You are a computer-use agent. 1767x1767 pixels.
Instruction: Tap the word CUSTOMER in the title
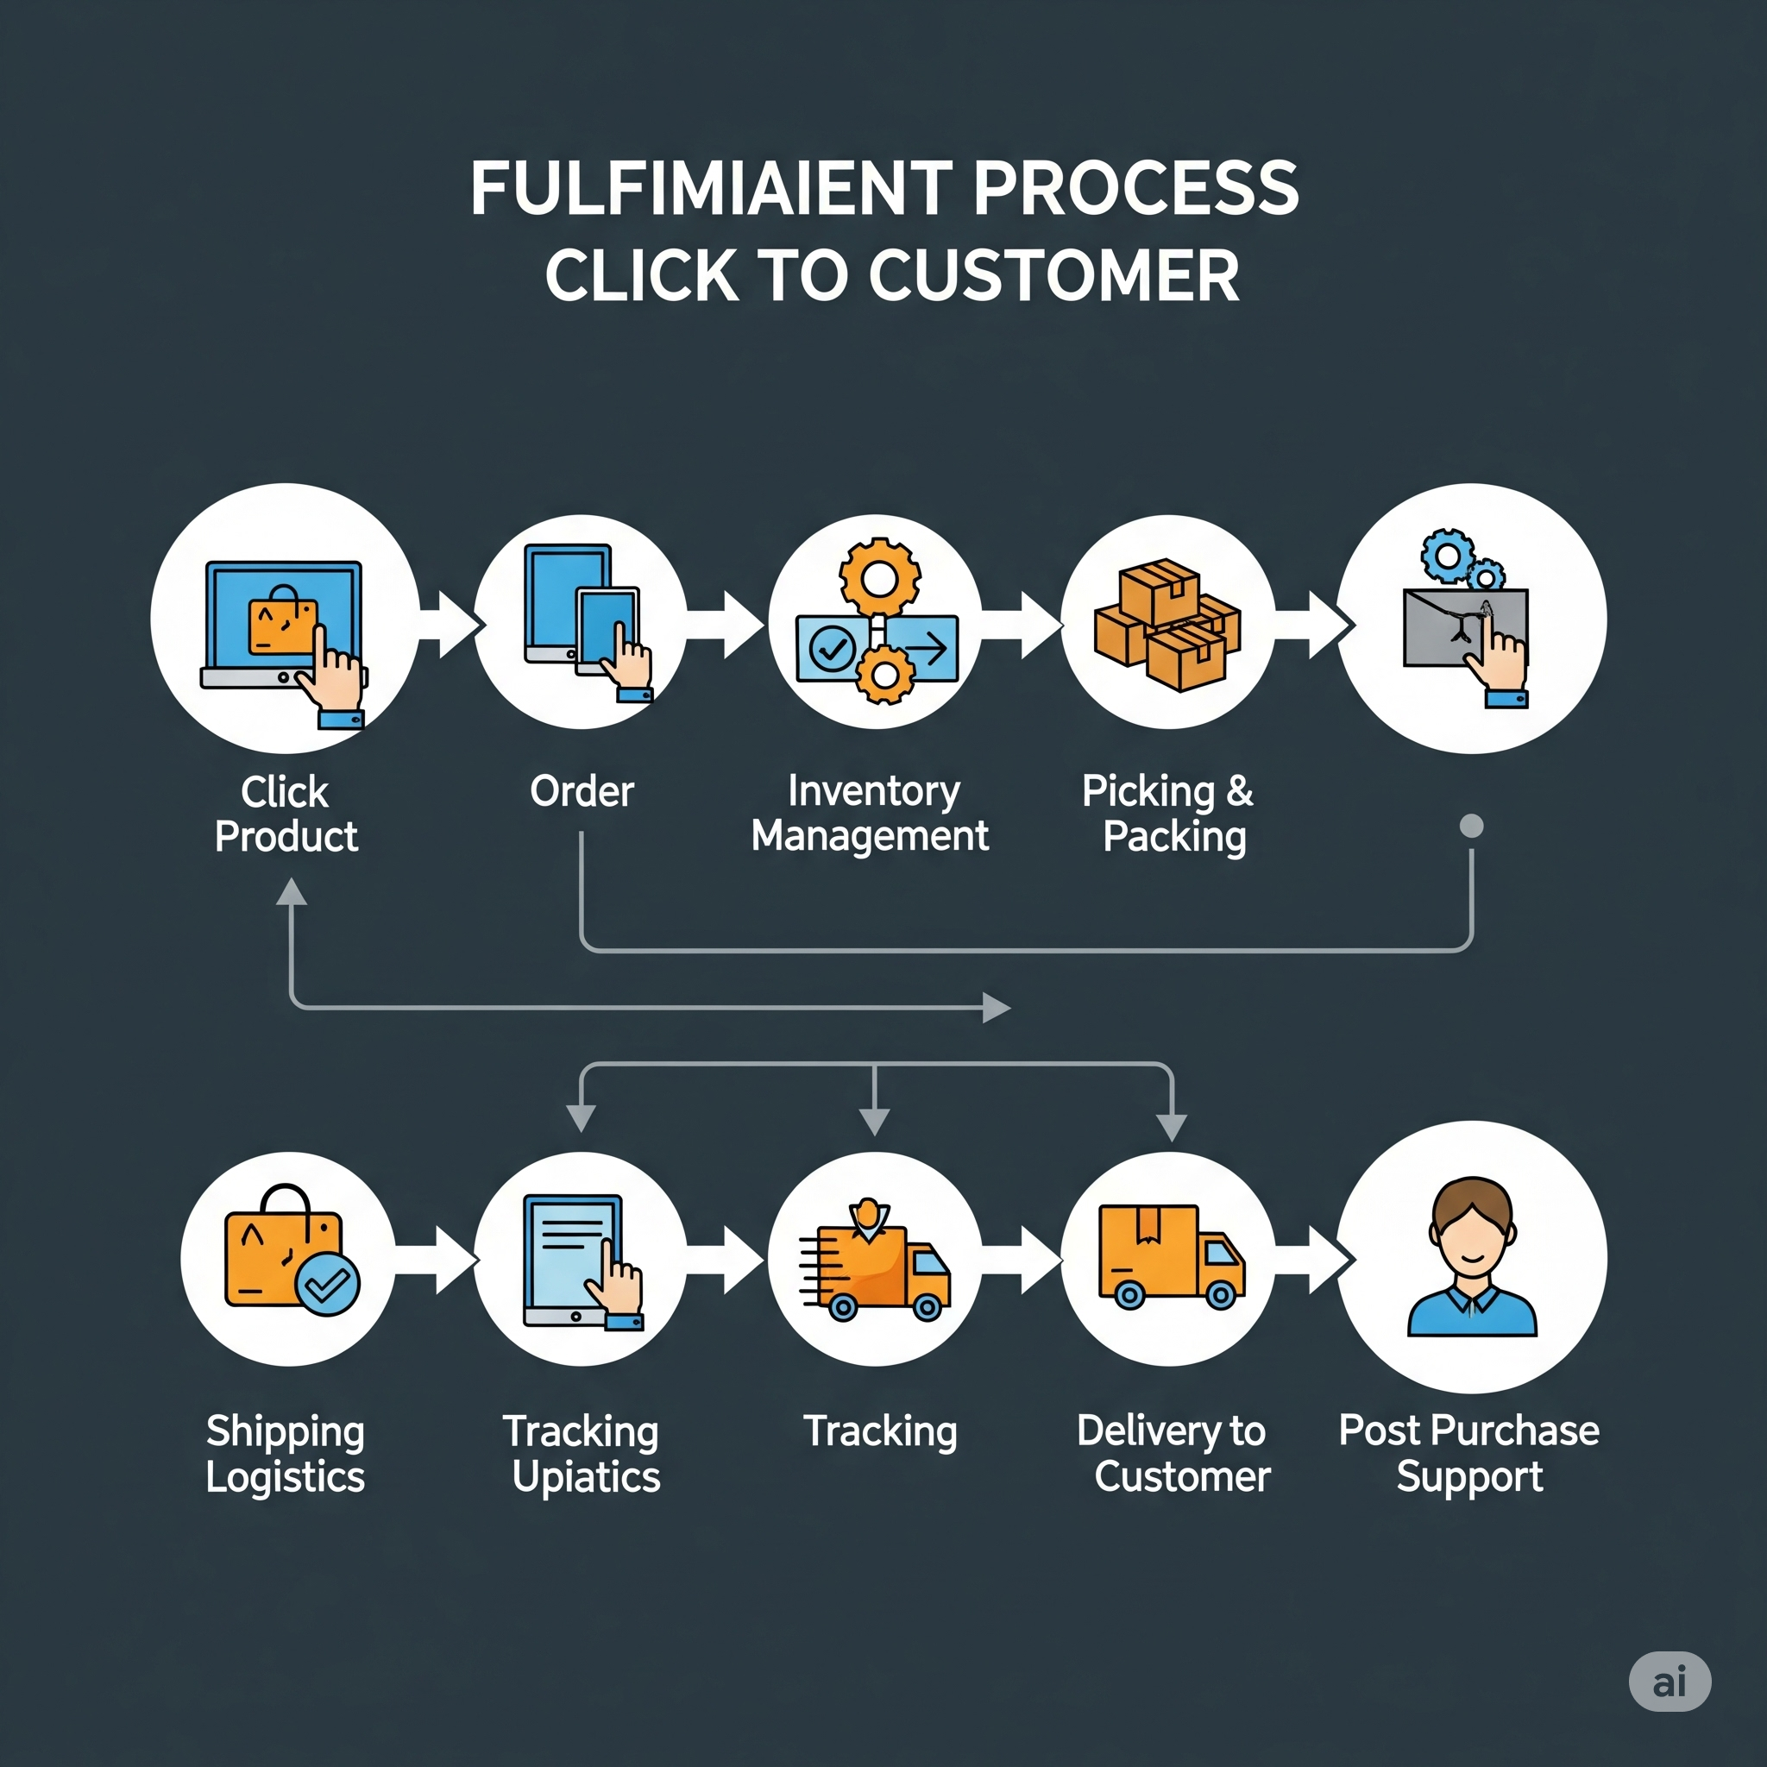(1053, 276)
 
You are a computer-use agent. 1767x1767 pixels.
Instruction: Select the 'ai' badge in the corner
(1670, 1682)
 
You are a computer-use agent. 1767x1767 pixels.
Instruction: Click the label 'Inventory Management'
(870, 813)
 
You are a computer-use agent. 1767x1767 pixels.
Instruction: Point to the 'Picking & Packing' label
(1170, 813)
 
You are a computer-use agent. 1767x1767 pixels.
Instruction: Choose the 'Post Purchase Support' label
(1468, 1453)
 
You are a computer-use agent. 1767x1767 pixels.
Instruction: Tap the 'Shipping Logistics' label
(286, 1453)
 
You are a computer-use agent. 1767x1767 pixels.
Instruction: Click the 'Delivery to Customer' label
(1173, 1453)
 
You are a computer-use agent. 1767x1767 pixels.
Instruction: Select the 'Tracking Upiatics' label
(583, 1453)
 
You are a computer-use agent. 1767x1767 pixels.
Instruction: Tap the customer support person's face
(1472, 1230)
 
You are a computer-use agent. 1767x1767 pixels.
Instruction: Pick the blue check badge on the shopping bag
(327, 1285)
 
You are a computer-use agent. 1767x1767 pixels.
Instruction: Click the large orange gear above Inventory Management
(880, 577)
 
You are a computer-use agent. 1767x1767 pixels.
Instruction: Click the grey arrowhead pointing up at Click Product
(292, 893)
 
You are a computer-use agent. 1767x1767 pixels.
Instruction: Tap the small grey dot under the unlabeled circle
(1472, 826)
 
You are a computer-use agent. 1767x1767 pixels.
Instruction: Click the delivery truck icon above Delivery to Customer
(1170, 1255)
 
